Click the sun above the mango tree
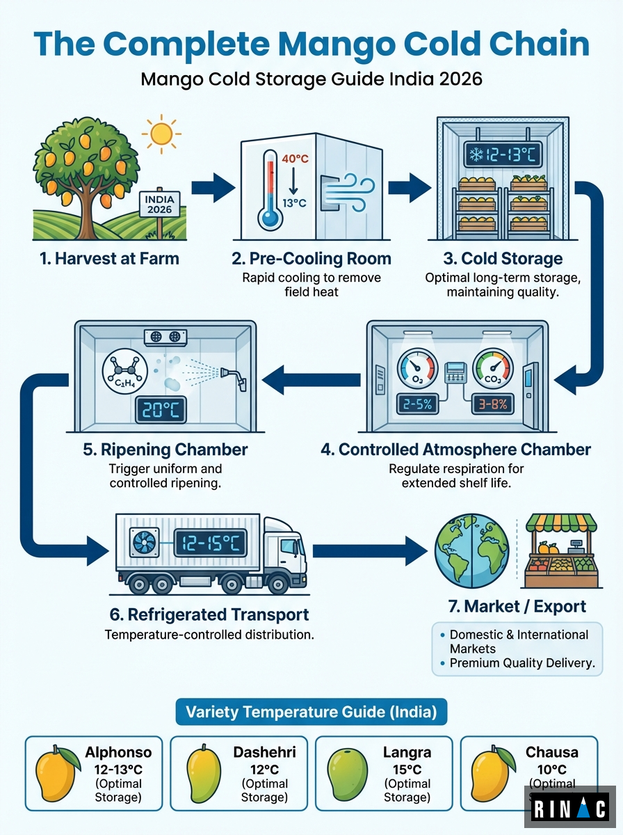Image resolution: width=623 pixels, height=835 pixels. click(x=161, y=134)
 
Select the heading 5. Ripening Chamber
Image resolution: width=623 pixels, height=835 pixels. click(x=165, y=449)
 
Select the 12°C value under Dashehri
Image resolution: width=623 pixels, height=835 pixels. click(x=264, y=770)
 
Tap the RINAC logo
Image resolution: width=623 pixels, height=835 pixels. click(x=569, y=810)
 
